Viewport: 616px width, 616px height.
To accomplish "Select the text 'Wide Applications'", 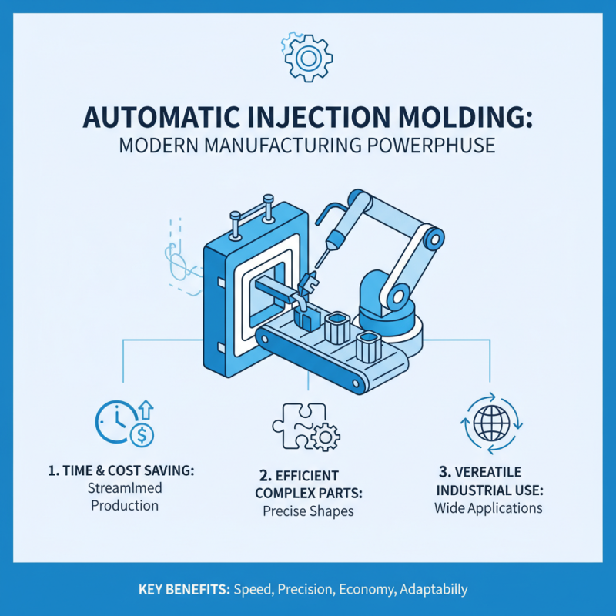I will tap(488, 507).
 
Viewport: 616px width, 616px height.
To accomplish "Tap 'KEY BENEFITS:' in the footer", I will tap(183, 590).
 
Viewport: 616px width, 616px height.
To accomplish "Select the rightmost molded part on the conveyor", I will tap(367, 344).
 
